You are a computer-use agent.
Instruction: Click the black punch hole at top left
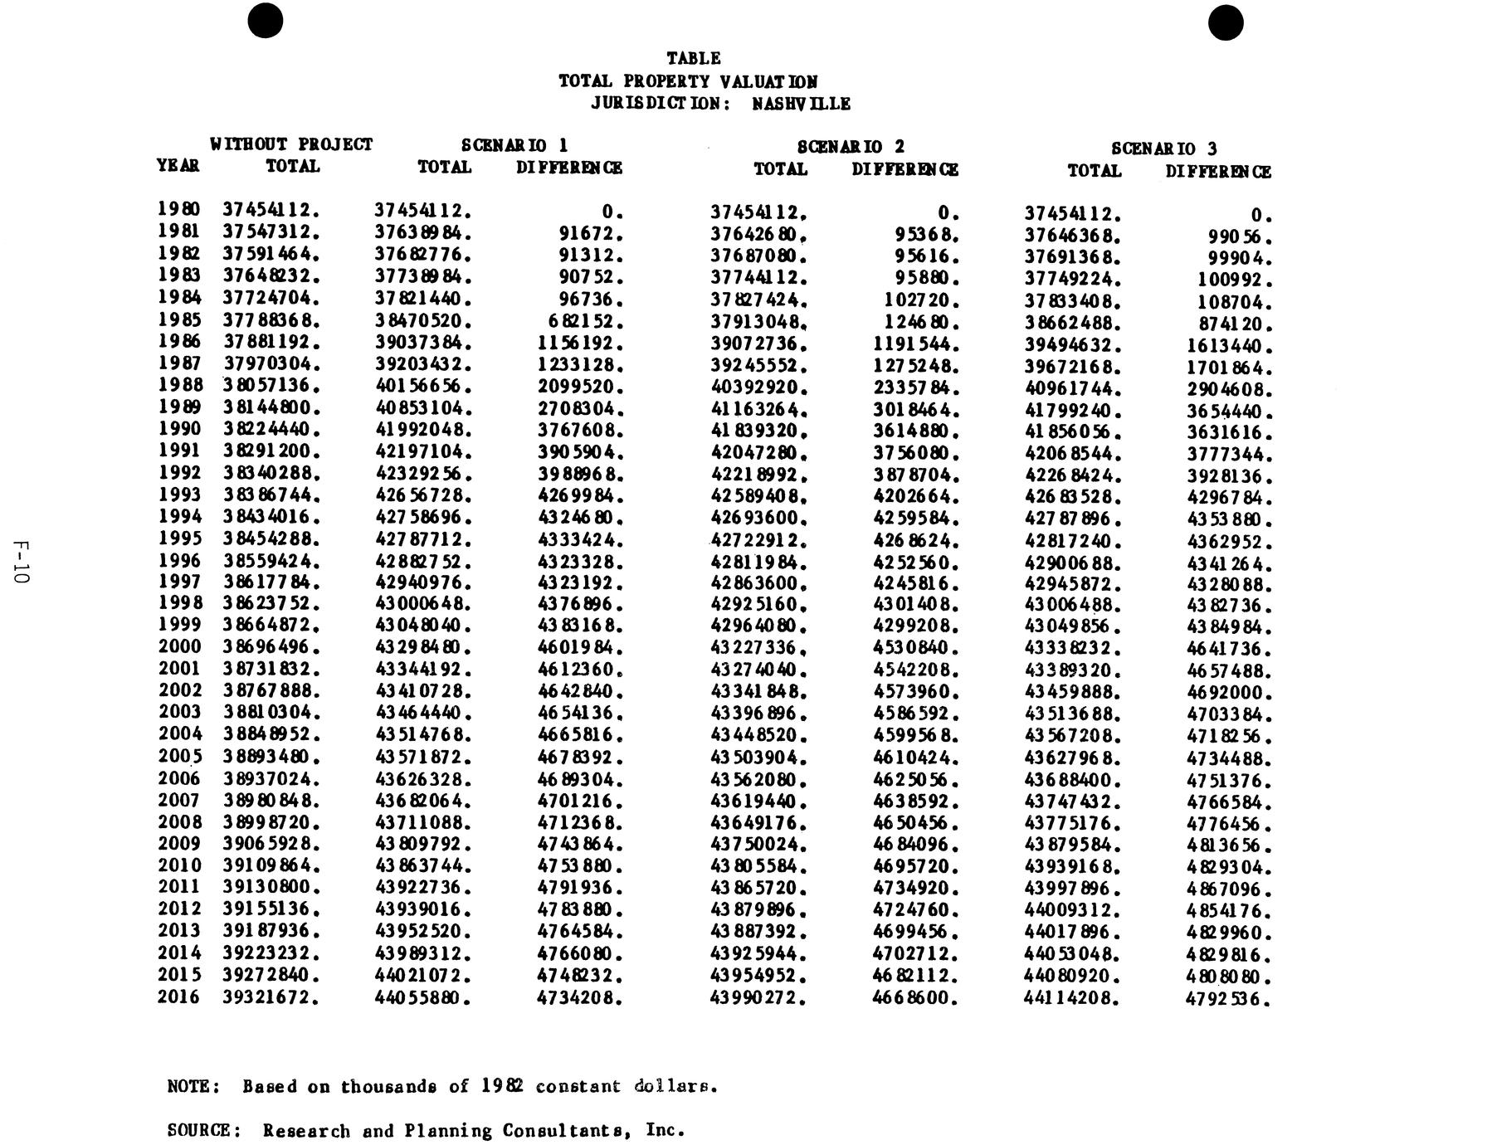point(266,21)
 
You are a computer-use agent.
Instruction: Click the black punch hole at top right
point(1226,22)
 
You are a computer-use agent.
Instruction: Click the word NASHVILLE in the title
point(801,104)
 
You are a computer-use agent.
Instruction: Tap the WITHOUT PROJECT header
point(291,144)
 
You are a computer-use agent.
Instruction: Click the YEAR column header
point(178,166)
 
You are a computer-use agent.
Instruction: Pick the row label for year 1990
point(179,429)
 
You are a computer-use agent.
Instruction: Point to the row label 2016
point(179,996)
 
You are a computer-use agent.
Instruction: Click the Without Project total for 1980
point(271,210)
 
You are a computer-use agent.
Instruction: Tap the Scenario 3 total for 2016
point(1071,999)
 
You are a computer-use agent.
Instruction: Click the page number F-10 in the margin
point(22,562)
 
